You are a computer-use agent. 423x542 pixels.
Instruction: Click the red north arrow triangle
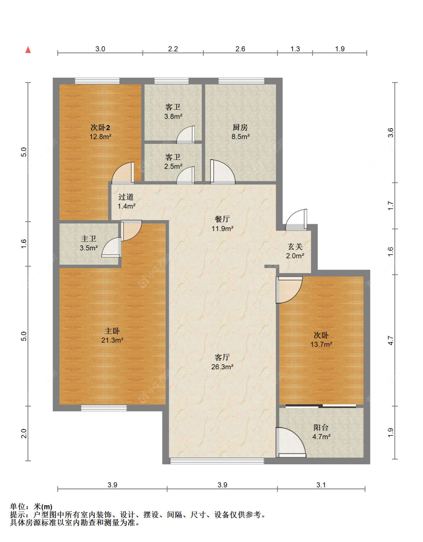[x=28, y=50]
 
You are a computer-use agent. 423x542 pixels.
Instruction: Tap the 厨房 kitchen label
[x=240, y=127]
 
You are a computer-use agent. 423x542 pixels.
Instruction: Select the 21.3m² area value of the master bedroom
[x=112, y=340]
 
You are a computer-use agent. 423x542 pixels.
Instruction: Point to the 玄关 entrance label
[x=295, y=246]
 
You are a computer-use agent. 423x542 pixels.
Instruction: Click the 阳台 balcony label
[x=321, y=427]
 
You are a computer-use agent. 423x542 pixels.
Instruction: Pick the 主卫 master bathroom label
[x=89, y=239]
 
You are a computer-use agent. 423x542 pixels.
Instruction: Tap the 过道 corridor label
[x=126, y=197]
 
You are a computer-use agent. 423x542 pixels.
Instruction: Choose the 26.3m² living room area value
[x=222, y=367]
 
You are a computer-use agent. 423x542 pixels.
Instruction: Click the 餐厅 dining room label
[x=222, y=219]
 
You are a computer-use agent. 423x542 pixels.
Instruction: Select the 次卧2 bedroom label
[x=100, y=128]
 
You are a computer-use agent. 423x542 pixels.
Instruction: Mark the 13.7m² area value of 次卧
[x=321, y=344]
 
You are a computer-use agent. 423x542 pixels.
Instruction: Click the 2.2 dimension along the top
[x=173, y=49]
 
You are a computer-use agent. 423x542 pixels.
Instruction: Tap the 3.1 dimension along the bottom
[x=321, y=485]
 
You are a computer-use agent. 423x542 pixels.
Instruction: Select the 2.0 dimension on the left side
[x=23, y=433]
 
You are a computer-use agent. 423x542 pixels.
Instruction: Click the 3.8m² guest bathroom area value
[x=173, y=116]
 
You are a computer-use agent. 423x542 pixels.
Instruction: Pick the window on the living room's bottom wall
[x=217, y=461]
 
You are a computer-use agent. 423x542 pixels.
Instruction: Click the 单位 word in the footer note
[x=17, y=507]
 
